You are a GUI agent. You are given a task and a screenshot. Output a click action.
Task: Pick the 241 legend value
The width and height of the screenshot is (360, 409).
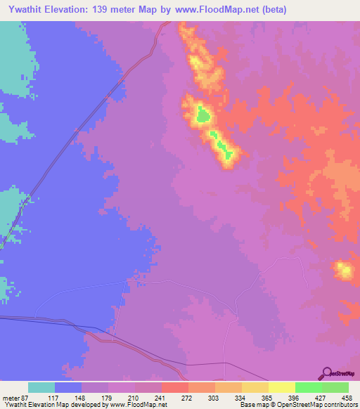(162, 397)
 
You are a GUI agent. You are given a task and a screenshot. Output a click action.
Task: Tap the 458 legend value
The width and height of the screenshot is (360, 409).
(345, 397)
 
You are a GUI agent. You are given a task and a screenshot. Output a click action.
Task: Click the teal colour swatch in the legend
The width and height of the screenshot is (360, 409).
(41, 387)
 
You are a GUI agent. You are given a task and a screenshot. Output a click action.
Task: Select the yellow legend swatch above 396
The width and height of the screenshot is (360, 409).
(281, 387)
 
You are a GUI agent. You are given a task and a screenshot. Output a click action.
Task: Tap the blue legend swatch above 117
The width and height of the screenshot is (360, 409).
(68, 387)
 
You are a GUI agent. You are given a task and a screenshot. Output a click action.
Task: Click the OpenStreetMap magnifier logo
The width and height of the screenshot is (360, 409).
(328, 373)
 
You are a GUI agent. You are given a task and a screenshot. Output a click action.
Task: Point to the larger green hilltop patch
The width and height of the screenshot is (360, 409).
(202, 113)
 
